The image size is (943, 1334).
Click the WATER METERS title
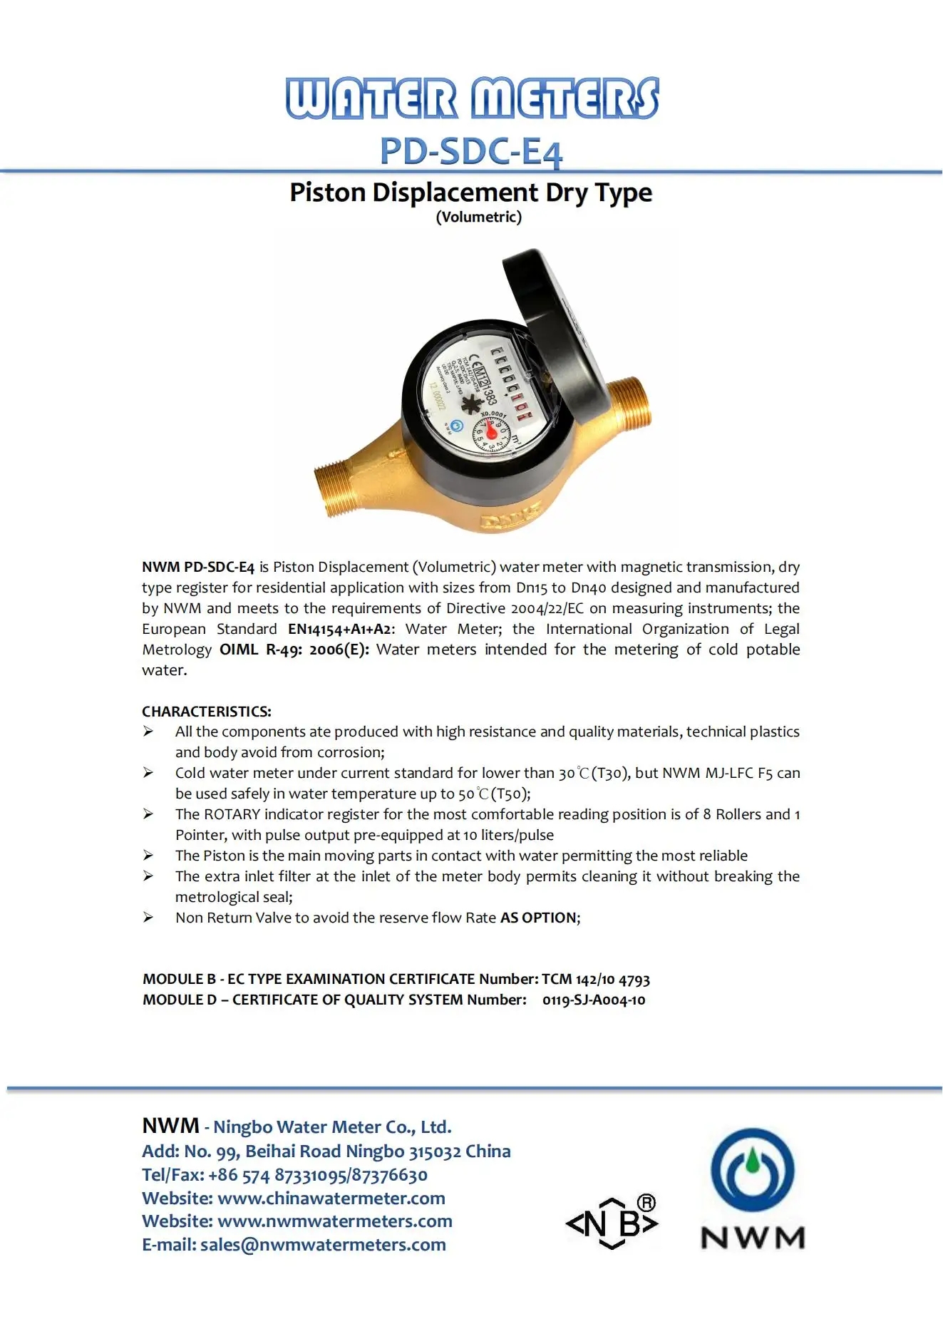pos(472,98)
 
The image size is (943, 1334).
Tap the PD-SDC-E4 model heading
pos(471,151)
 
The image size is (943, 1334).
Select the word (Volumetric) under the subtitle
pos(479,217)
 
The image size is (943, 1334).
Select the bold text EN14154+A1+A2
pos(340,629)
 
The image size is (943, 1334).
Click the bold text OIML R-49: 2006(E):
pos(294,650)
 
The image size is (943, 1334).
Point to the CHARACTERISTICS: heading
pos(207,712)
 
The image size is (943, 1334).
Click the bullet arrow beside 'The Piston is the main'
pos(148,855)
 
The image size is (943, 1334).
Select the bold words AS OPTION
pos(538,918)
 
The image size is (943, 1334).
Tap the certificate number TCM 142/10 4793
pos(596,979)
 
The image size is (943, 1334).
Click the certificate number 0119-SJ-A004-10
pos(594,1000)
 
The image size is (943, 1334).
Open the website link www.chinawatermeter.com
pos(331,1198)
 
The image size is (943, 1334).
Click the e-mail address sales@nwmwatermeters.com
pos(323,1244)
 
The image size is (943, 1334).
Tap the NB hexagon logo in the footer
pos(612,1223)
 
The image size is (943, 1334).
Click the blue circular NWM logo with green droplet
pos(753,1171)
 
